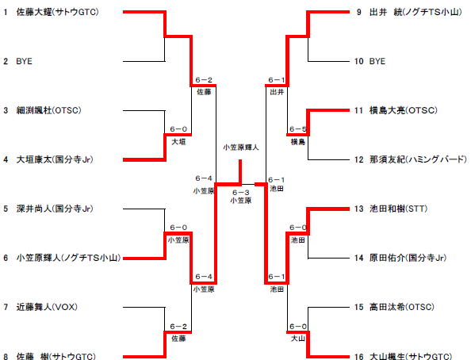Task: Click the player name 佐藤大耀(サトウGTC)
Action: click(x=57, y=12)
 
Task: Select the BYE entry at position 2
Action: click(x=24, y=61)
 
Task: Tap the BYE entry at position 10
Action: click(x=377, y=61)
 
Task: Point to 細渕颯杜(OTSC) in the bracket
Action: click(x=48, y=110)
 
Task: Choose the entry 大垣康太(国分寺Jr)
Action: click(x=55, y=159)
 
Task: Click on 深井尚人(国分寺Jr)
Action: click(x=55, y=209)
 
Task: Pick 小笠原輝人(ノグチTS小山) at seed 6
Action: click(x=68, y=258)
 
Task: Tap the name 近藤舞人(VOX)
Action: click(x=47, y=307)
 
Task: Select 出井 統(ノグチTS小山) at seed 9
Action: click(x=415, y=12)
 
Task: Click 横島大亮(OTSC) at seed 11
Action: click(x=404, y=110)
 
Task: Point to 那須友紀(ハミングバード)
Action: click(x=418, y=159)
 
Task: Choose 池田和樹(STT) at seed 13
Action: click(x=398, y=209)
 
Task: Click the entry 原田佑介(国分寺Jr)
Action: click(x=408, y=258)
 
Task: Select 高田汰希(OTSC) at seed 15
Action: click(x=402, y=307)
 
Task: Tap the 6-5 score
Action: click(x=298, y=129)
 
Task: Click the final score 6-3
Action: click(x=241, y=193)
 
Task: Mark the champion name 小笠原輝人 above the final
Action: click(x=241, y=147)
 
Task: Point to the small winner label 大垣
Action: click(x=178, y=141)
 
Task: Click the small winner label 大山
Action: click(x=298, y=339)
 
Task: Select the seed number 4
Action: click(x=6, y=159)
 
